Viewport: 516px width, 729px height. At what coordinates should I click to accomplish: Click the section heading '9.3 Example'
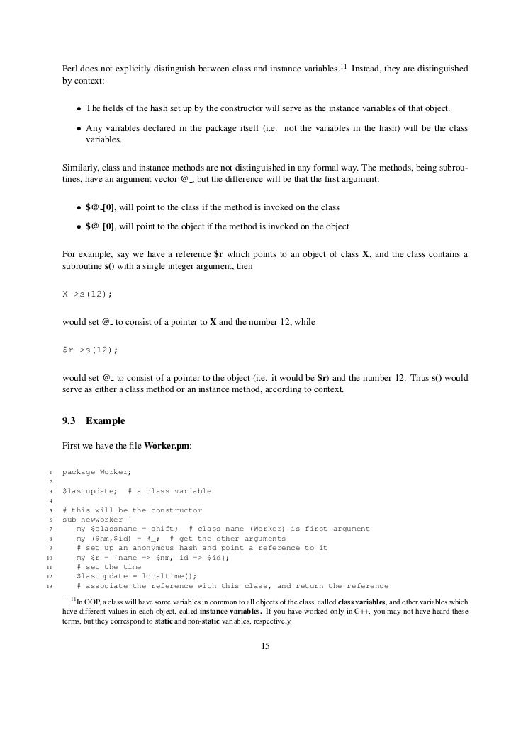(94, 421)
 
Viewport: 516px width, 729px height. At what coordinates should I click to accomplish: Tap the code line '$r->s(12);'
(90, 350)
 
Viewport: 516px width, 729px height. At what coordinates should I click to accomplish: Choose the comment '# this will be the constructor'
(132, 510)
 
